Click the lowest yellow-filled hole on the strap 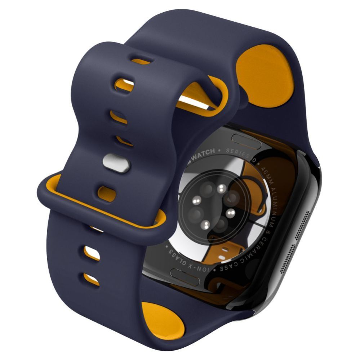92,278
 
